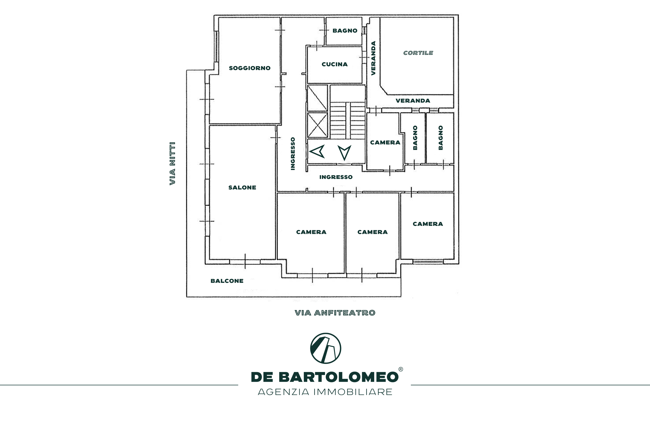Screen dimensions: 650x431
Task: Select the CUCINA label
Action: [x=335, y=64]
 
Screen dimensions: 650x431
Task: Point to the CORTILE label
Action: [x=418, y=53]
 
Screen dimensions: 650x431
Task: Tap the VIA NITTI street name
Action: [x=172, y=163]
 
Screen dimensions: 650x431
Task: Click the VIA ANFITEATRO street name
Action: [x=335, y=313]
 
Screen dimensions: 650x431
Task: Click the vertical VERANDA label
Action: [x=373, y=58]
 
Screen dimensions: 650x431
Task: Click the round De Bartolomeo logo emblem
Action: [x=326, y=348]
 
